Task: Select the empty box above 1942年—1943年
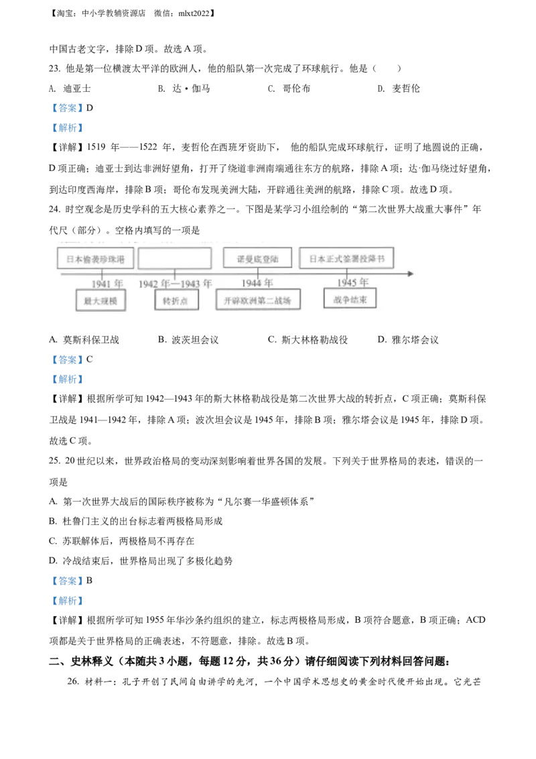(x=174, y=258)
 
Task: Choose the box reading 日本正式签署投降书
(x=346, y=258)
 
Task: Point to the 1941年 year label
(x=107, y=284)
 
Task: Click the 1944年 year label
(x=257, y=283)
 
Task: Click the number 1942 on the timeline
(x=148, y=284)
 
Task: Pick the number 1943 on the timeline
(x=191, y=284)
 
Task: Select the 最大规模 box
(x=100, y=301)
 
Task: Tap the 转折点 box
(x=176, y=301)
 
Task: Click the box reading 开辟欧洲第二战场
(x=258, y=300)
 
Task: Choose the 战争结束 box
(x=350, y=299)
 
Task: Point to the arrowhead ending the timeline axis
(x=410, y=274)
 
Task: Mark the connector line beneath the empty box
(x=175, y=272)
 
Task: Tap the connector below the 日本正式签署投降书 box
(x=347, y=271)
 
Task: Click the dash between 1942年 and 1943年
(x=176, y=284)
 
